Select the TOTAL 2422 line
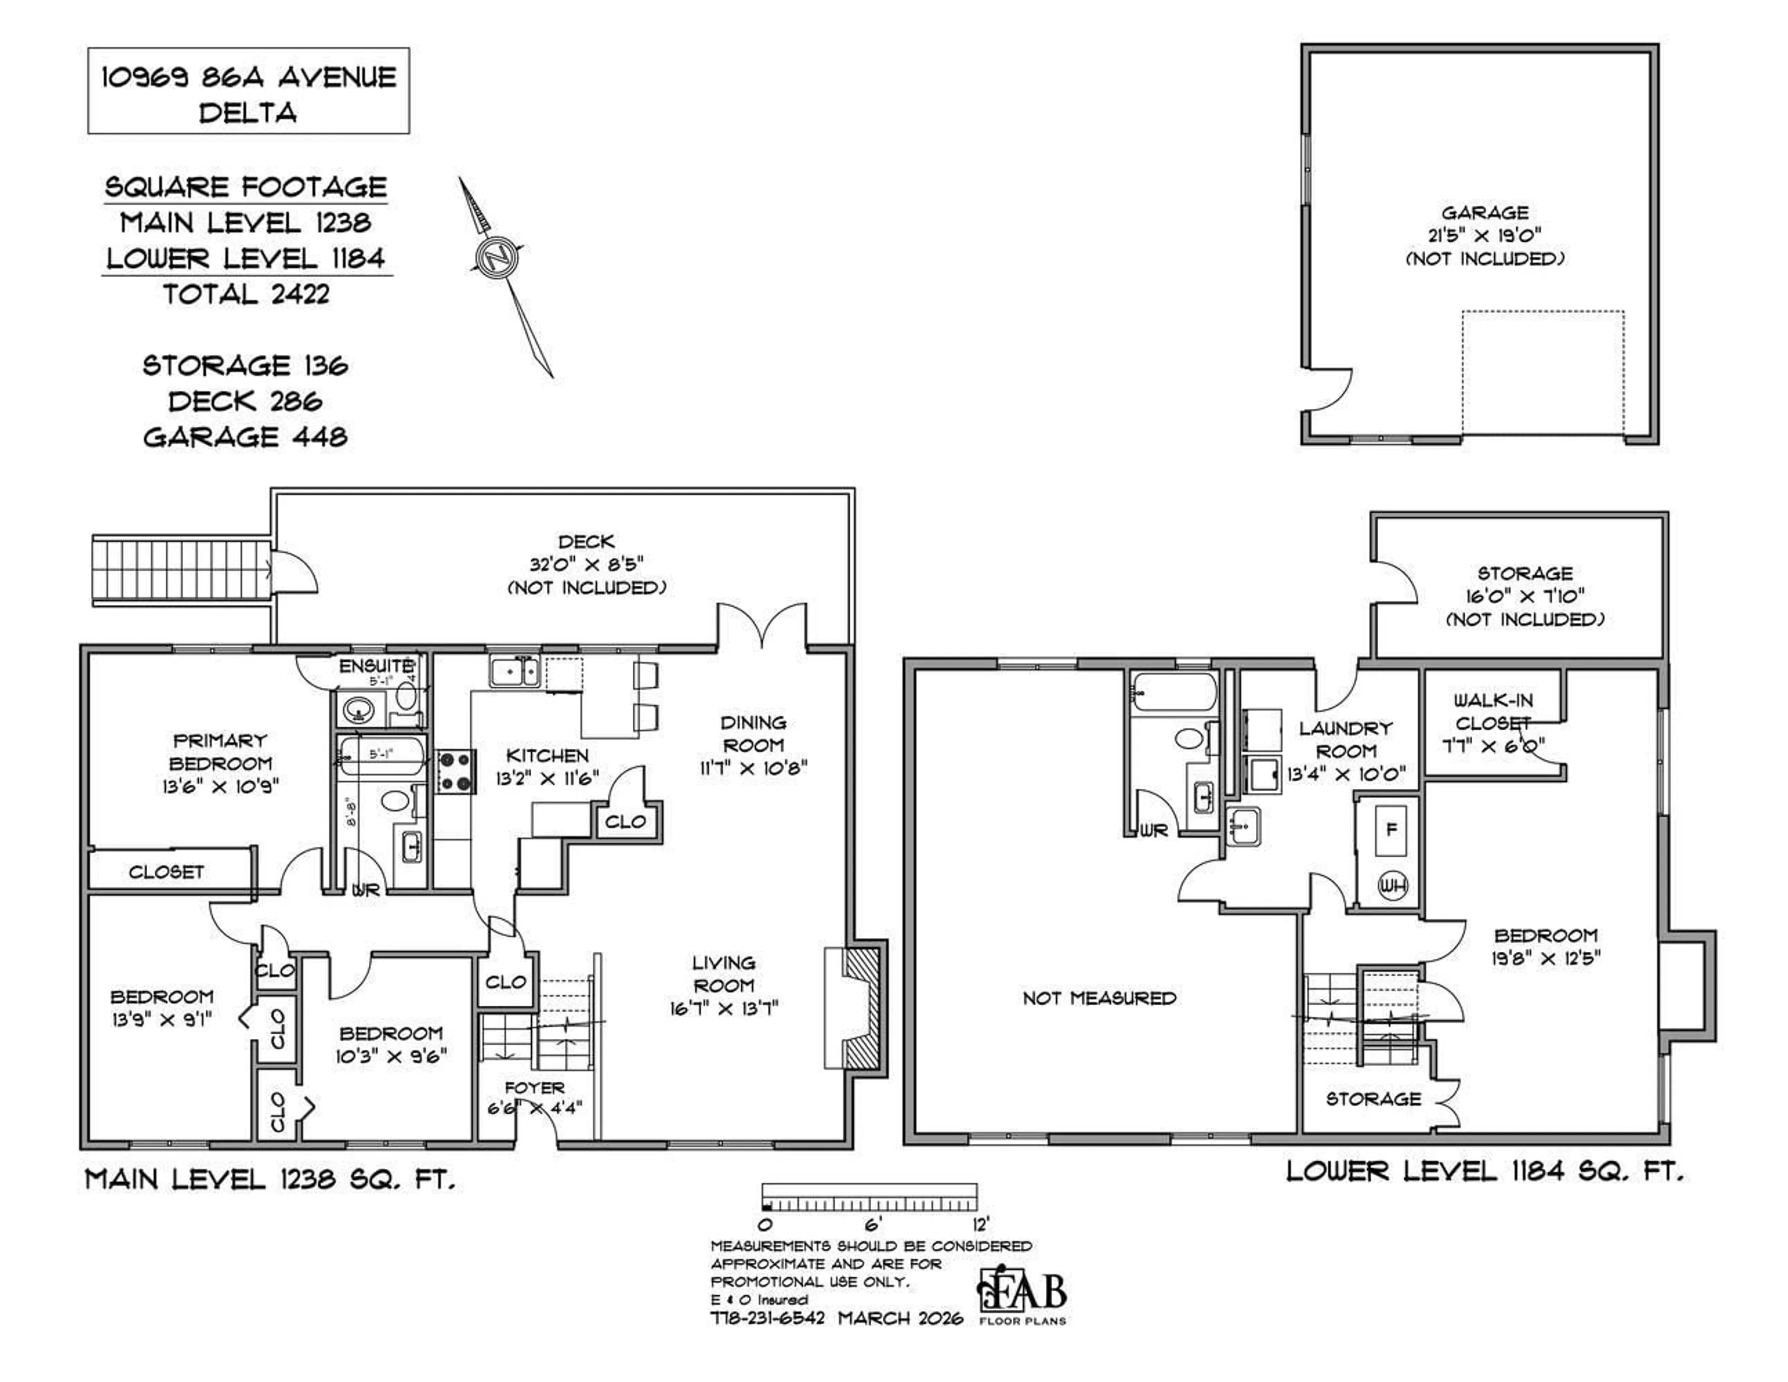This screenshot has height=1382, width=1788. point(245,294)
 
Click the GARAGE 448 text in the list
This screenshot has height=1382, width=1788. point(245,436)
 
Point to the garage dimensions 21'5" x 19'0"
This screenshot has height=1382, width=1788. point(1484,235)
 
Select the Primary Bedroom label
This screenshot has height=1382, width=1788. point(220,752)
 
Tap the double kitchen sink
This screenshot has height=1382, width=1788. point(515,673)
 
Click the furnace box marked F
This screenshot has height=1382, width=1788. point(1390,828)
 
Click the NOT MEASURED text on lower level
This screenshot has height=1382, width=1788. point(1099,997)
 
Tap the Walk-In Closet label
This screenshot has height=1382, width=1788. point(1492,711)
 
